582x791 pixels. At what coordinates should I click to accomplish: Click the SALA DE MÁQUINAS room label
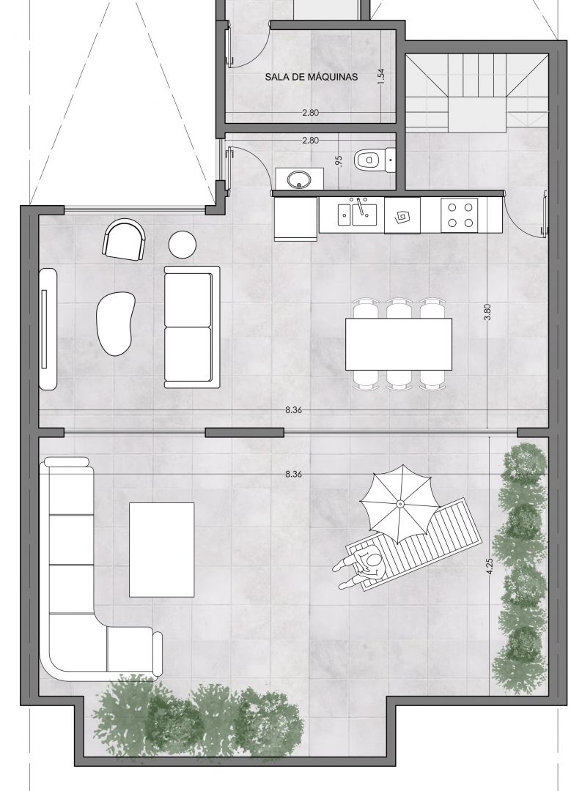pyautogui.click(x=311, y=77)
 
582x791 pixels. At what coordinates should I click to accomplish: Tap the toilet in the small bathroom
pyautogui.click(x=374, y=160)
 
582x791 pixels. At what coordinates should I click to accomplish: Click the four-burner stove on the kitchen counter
pyautogui.click(x=460, y=215)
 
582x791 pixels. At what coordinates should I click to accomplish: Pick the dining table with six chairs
pyautogui.click(x=398, y=343)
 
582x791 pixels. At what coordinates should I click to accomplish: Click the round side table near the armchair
pyautogui.click(x=183, y=245)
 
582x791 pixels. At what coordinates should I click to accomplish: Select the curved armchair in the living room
pyautogui.click(x=124, y=239)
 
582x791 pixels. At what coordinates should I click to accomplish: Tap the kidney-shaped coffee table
pyautogui.click(x=116, y=324)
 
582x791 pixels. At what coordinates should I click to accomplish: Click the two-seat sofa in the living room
pyautogui.click(x=192, y=327)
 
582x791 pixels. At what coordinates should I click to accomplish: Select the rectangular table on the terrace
pyautogui.click(x=161, y=549)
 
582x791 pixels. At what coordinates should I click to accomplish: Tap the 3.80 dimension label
pyautogui.click(x=487, y=312)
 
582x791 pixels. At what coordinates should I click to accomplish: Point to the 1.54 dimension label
pyautogui.click(x=381, y=75)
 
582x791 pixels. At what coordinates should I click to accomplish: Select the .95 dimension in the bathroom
pyautogui.click(x=339, y=161)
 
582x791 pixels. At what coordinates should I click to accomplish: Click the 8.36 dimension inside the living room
pyautogui.click(x=293, y=410)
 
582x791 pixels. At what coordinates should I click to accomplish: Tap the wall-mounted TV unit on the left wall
pyautogui.click(x=48, y=328)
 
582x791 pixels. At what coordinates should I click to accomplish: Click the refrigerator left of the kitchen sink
pyautogui.click(x=296, y=219)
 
